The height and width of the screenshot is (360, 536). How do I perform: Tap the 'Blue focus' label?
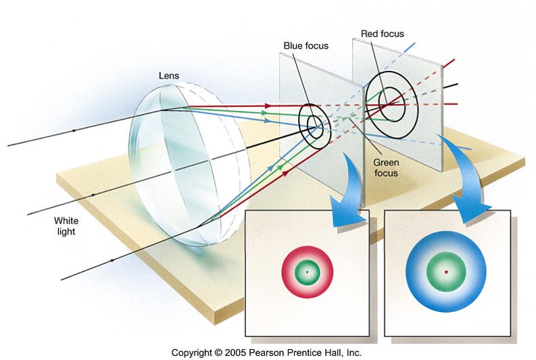point(306,46)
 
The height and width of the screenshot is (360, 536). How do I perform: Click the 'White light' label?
point(66,226)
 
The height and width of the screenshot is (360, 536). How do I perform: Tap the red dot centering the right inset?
point(445,272)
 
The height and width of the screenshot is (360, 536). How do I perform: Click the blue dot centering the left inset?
point(307,272)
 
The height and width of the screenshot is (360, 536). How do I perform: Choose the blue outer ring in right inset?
point(416,272)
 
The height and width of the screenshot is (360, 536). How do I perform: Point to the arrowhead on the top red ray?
point(269,105)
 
